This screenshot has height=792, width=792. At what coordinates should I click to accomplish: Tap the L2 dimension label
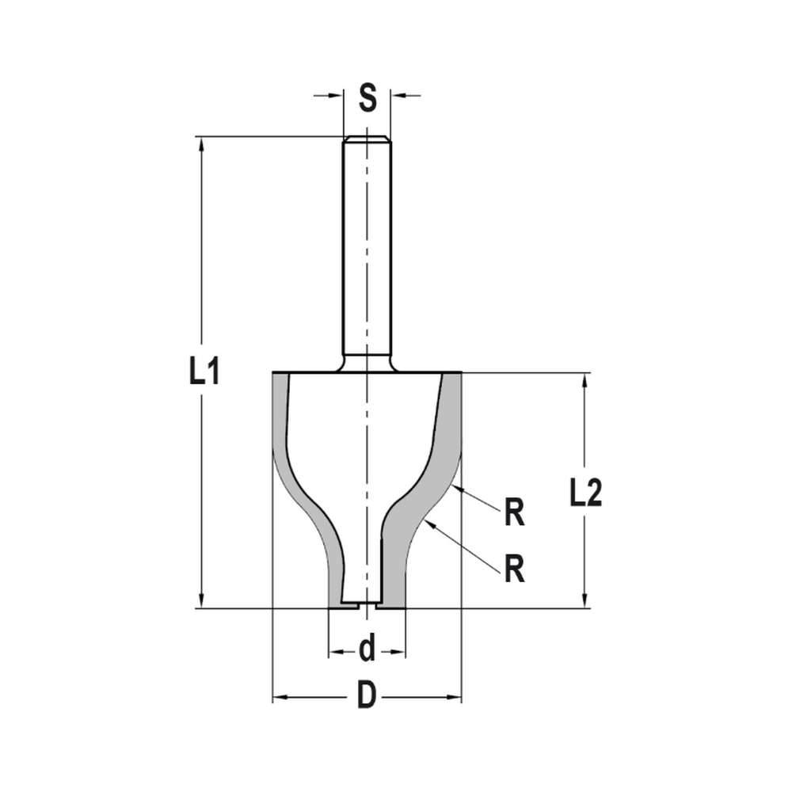coord(586,494)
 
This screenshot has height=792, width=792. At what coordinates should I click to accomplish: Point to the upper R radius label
coord(515,514)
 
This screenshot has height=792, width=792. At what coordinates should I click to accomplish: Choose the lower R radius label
coord(515,568)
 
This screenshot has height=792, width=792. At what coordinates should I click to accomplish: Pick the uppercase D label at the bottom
coord(366,698)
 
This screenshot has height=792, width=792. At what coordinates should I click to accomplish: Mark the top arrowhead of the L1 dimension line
coord(203,143)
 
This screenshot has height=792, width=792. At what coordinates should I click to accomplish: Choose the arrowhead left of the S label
coord(337,96)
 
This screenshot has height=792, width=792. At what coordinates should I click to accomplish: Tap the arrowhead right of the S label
coord(397,96)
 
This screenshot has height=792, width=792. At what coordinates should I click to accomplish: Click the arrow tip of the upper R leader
coord(455,485)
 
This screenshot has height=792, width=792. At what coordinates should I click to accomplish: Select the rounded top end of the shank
coord(367,139)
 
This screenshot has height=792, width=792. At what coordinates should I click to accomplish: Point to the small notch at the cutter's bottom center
coord(367,604)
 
